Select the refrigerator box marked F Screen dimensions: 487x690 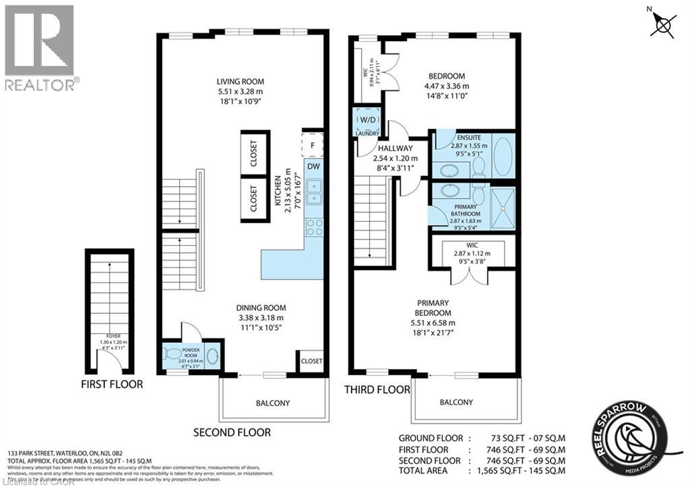(x=312, y=145)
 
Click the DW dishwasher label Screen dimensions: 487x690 (x=313, y=166)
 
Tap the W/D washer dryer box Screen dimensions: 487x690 (x=368, y=121)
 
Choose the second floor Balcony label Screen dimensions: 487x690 (x=273, y=403)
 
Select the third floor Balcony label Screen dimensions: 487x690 (x=456, y=402)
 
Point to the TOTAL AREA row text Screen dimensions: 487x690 (x=482, y=471)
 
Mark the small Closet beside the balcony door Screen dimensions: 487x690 (x=311, y=360)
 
